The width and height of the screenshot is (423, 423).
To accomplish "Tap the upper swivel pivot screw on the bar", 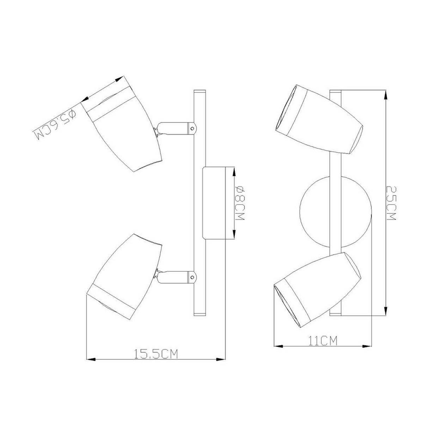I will pos(192,129).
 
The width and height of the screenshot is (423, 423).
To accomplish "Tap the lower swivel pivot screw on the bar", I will pos(192,277).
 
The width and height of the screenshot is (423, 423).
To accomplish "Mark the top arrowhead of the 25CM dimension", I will pos(386,94).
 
